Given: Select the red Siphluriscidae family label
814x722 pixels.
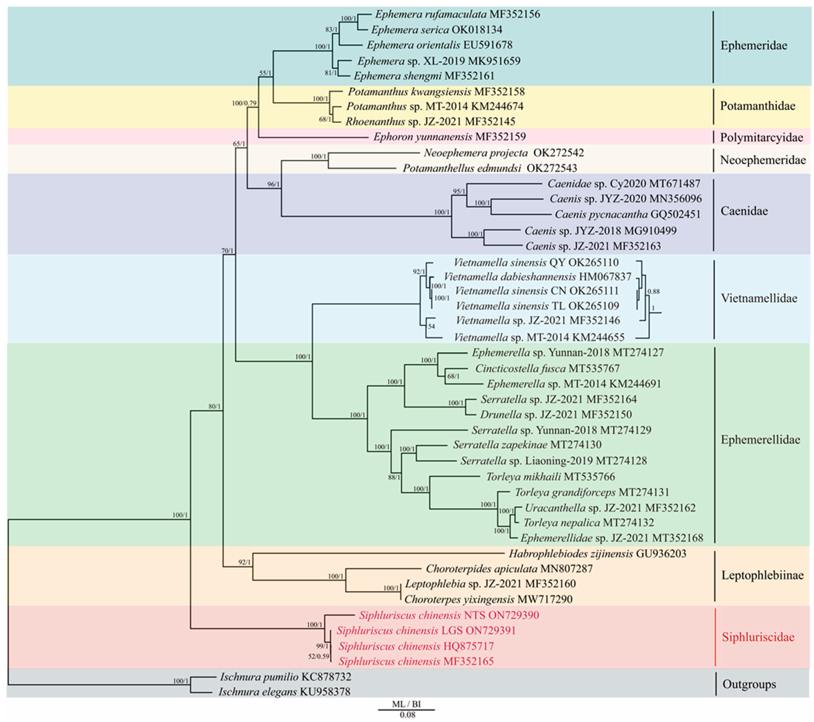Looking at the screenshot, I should (x=758, y=637).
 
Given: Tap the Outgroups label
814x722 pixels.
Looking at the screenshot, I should (x=749, y=684).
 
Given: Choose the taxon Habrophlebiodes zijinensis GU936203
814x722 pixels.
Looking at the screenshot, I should (x=597, y=554).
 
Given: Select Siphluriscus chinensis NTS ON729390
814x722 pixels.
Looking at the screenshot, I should (x=449, y=615).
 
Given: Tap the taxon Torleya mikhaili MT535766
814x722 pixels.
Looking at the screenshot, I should (x=550, y=476).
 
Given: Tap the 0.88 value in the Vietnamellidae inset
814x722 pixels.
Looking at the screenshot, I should (x=654, y=291).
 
